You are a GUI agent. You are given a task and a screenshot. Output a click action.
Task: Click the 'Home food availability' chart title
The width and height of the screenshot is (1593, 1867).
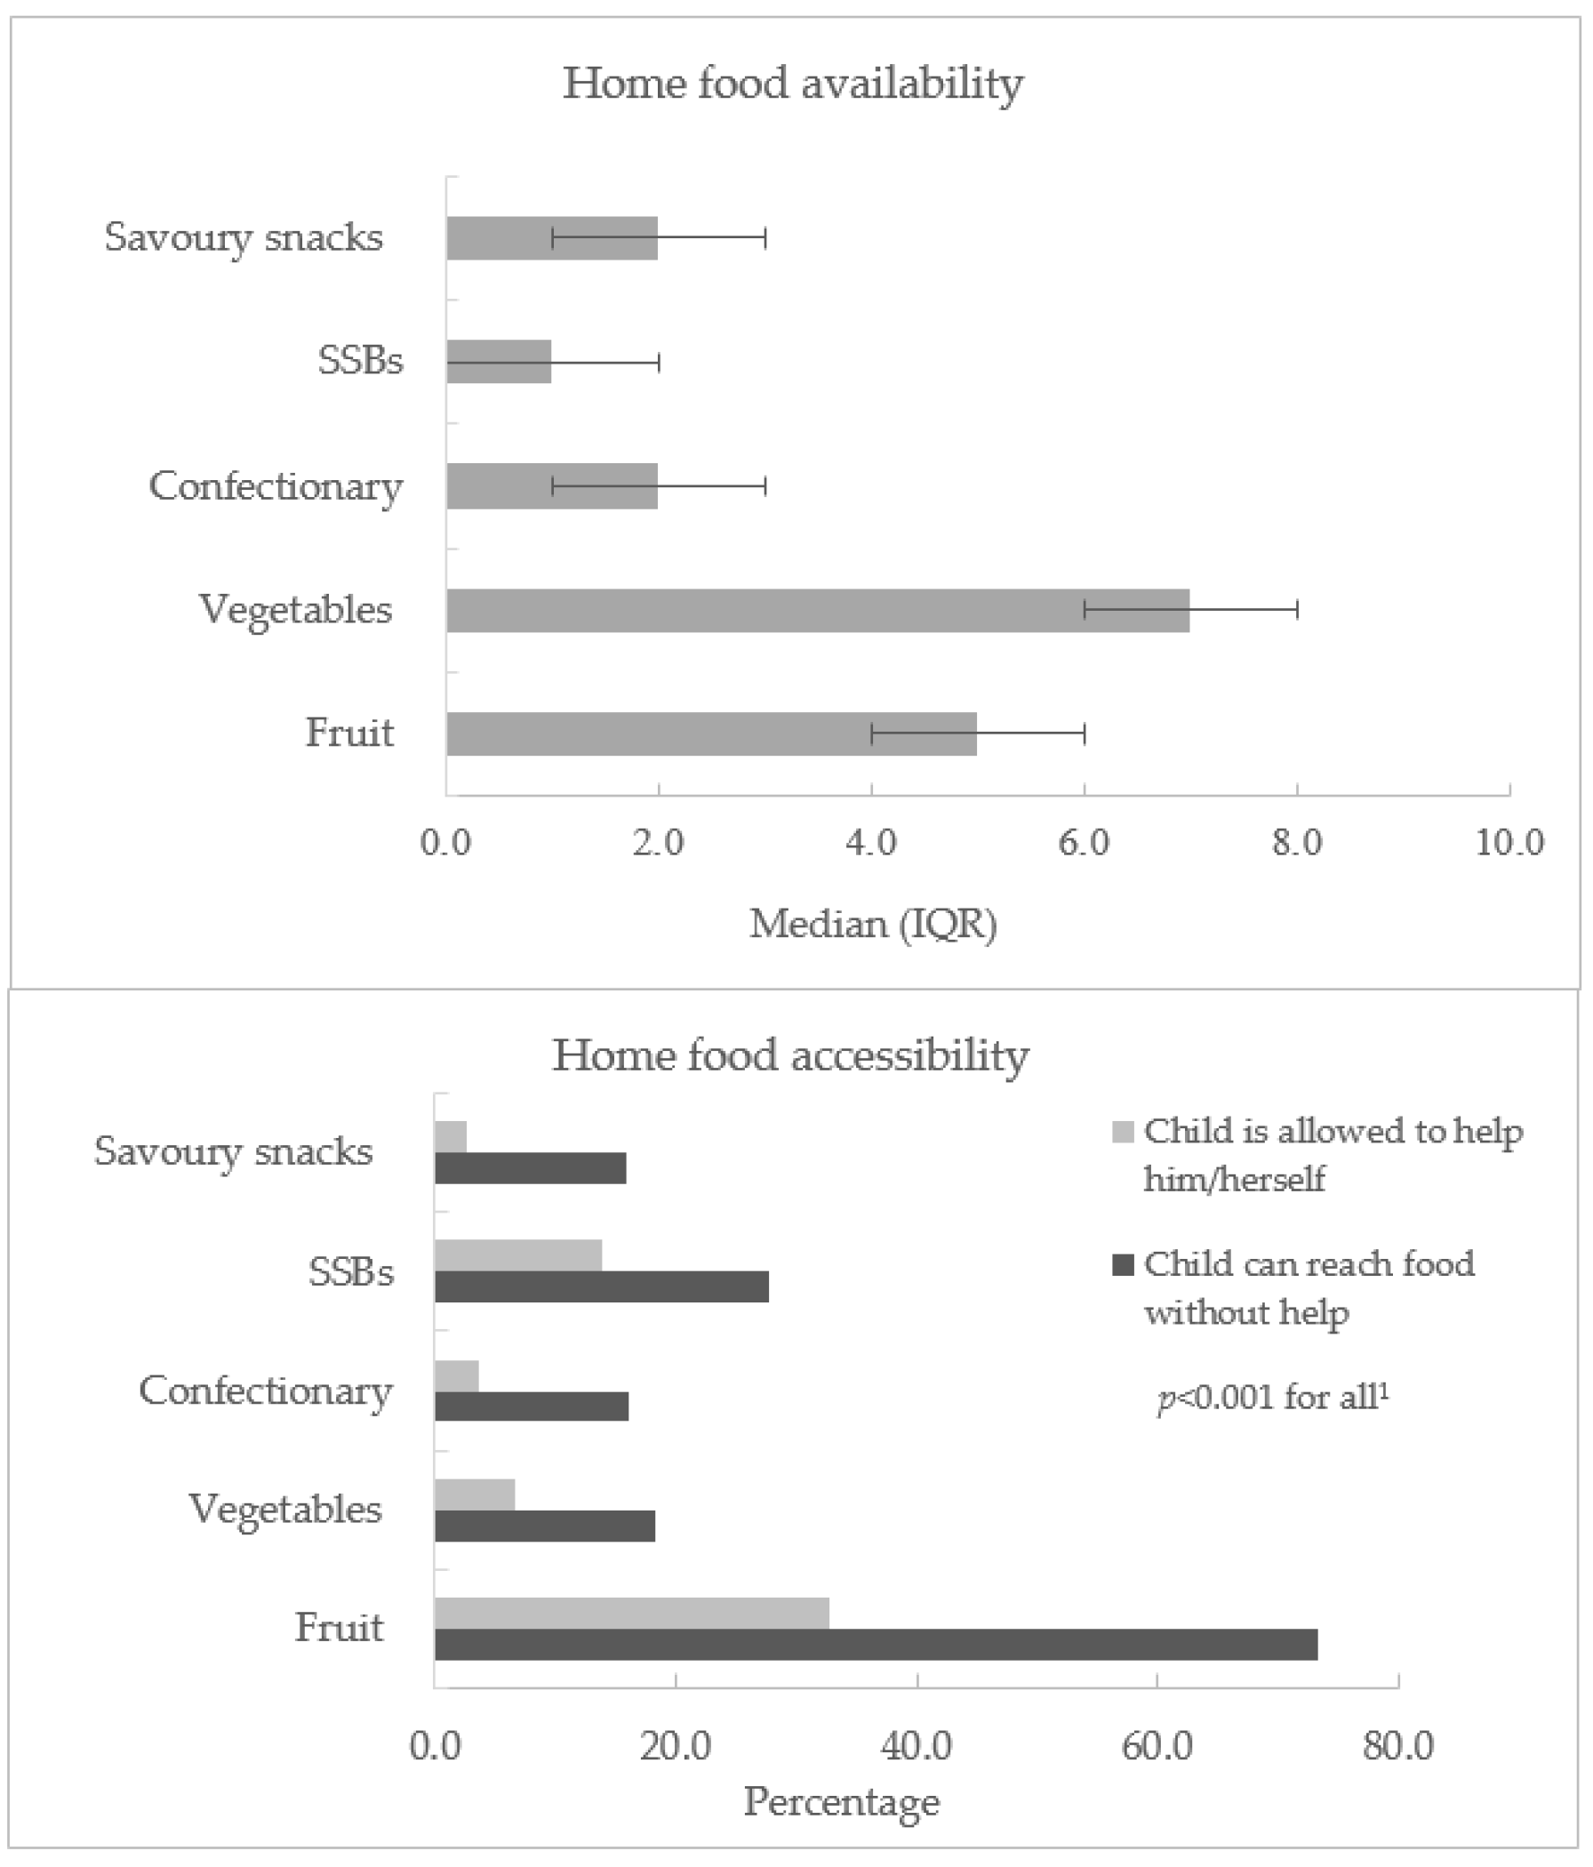(x=793, y=84)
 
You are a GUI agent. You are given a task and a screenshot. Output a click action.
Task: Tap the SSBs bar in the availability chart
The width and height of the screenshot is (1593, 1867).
(x=499, y=361)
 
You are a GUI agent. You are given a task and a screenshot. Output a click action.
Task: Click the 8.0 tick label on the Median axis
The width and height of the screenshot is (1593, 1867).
(x=1297, y=843)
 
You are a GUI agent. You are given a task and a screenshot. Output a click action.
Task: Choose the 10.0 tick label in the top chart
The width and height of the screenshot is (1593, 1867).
(x=1509, y=843)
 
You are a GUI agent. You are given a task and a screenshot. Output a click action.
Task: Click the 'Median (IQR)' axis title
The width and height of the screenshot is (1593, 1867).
(x=873, y=925)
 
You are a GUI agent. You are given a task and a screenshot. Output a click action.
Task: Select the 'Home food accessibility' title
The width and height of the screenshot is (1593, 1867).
(x=790, y=1055)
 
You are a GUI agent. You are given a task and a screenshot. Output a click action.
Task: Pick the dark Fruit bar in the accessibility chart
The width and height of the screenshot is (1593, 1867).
(x=875, y=1645)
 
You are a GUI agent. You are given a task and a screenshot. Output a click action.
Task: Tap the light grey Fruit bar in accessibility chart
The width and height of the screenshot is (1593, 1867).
(x=631, y=1613)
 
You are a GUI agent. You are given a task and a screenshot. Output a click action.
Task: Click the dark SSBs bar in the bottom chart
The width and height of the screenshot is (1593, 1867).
(x=601, y=1286)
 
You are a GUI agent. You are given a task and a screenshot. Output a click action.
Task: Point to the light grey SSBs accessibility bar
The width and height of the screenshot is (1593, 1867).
(x=518, y=1255)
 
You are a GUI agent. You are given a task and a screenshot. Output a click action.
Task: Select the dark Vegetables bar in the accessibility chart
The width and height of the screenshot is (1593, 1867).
(x=544, y=1526)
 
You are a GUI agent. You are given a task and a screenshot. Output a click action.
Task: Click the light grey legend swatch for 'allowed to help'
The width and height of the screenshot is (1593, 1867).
(x=1123, y=1132)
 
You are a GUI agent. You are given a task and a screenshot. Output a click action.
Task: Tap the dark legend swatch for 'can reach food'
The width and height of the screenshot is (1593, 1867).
(x=1123, y=1265)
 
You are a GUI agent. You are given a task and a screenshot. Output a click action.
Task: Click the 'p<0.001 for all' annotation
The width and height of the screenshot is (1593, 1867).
(x=1272, y=1398)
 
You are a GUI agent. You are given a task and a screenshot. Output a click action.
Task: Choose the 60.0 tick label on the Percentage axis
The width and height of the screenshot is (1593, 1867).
(x=1157, y=1745)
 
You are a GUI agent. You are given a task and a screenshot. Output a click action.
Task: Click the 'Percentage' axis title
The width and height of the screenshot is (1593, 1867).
(x=841, y=1802)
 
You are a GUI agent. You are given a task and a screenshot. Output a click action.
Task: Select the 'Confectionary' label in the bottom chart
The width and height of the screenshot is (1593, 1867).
(x=265, y=1390)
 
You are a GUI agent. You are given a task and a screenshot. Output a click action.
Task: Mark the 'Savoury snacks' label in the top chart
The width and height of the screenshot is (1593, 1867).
(x=244, y=238)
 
